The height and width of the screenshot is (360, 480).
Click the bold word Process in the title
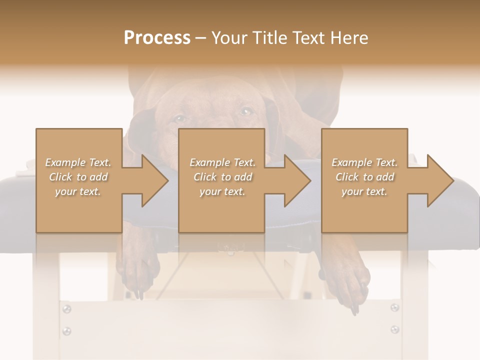[x=157, y=37]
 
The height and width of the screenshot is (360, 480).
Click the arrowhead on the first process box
[x=155, y=180]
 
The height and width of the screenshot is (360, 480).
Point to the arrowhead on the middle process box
[x=298, y=180]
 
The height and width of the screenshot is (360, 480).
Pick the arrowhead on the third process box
[x=440, y=180]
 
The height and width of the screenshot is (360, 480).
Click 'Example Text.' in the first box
[x=78, y=162]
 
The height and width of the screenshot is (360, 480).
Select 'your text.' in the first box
[x=78, y=191]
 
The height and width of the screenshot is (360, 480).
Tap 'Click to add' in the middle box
[x=222, y=177]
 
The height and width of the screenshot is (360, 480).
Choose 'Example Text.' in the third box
[x=364, y=162]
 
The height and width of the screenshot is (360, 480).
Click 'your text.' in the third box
[x=364, y=191]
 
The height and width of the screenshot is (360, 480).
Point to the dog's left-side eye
[x=179, y=118]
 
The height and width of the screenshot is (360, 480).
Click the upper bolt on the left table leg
[x=66, y=309]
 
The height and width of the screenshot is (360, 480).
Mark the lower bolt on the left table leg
[x=66, y=331]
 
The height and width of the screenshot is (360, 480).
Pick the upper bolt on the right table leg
[x=394, y=307]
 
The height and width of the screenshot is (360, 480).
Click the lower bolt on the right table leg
[x=394, y=329]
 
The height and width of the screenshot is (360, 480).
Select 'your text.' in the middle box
[x=222, y=191]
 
